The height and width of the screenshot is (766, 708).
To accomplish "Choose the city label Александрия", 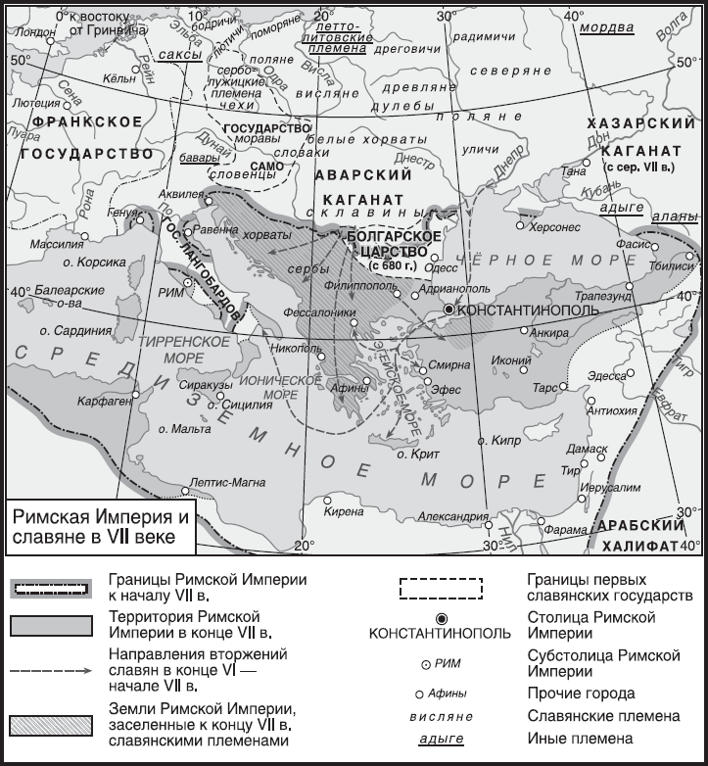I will pos(452,516).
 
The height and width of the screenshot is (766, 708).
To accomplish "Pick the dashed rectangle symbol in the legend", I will pos(441,587).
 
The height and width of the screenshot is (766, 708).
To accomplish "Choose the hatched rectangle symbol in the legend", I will pos(51,724).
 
